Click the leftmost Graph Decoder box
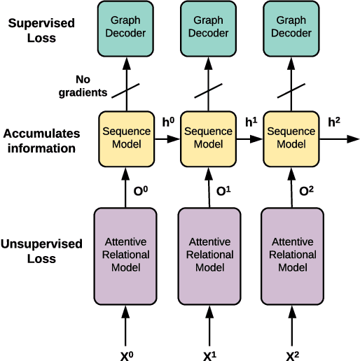point(127,27)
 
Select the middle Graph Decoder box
point(209,27)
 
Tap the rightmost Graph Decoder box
point(291,27)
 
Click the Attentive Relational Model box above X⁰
point(127,255)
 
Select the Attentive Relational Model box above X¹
point(209,255)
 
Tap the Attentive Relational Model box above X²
point(291,255)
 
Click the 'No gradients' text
point(83,86)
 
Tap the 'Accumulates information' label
point(41,141)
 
